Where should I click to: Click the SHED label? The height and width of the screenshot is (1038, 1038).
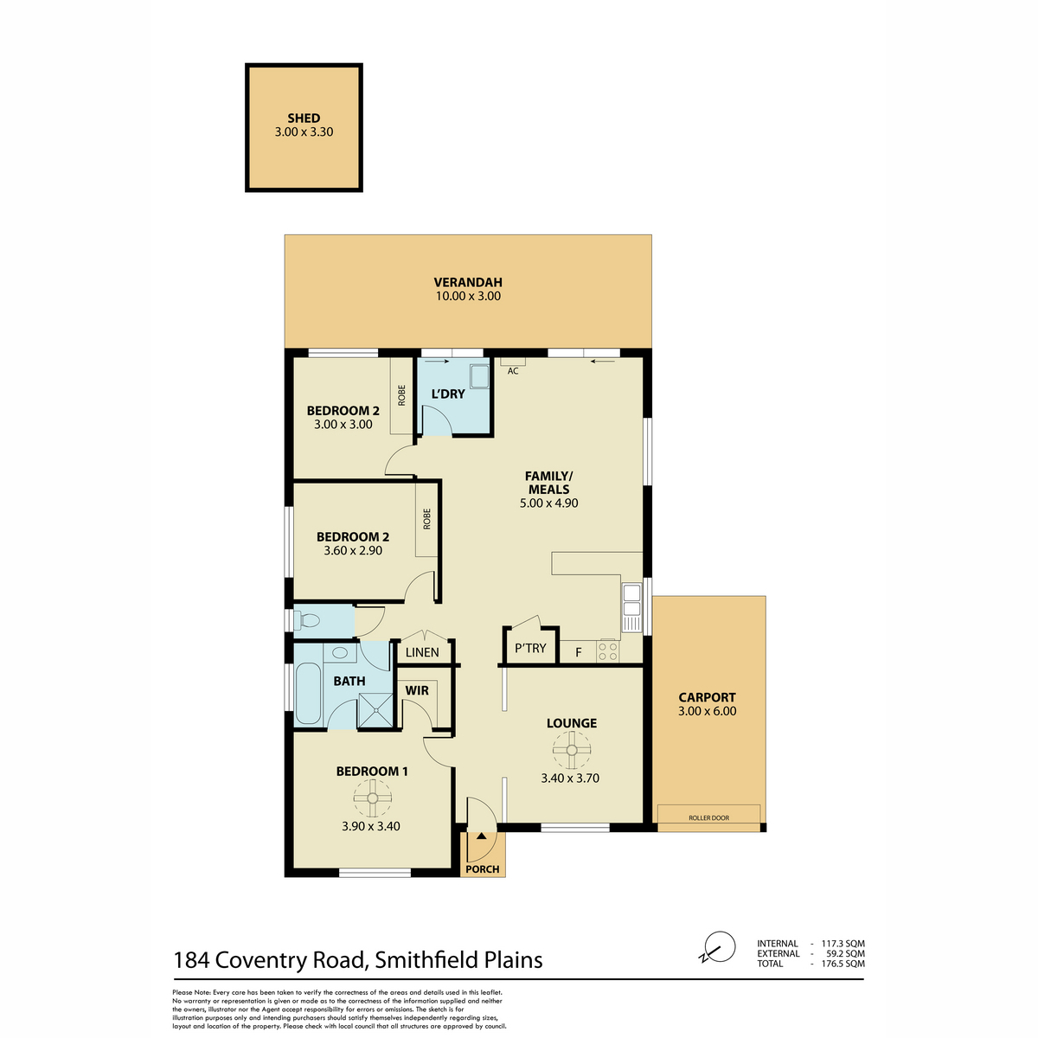coord(304,118)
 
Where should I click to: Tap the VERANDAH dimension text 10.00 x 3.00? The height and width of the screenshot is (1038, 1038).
coord(468,296)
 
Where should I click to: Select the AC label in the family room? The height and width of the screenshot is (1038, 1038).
coord(513,371)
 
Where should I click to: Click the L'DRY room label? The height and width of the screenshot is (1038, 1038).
coord(447,394)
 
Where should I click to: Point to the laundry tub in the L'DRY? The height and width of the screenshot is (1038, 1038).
coord(479,376)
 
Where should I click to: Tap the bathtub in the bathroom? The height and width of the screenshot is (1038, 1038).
coord(308,693)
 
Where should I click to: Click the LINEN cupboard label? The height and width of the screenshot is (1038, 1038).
coord(422,652)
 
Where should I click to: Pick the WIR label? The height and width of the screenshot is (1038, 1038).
coord(417,690)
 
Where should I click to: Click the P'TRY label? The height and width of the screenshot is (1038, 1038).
coord(530,648)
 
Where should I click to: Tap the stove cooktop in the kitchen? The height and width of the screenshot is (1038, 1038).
coord(607,650)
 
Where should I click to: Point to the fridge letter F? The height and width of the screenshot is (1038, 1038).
coord(579,652)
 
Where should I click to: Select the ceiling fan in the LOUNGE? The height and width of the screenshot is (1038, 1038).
coord(572,749)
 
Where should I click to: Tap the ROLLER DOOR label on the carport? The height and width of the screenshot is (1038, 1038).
coord(709,817)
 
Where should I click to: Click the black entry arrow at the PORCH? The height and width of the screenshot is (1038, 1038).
coord(481,836)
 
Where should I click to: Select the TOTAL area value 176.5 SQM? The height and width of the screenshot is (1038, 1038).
coord(843,964)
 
